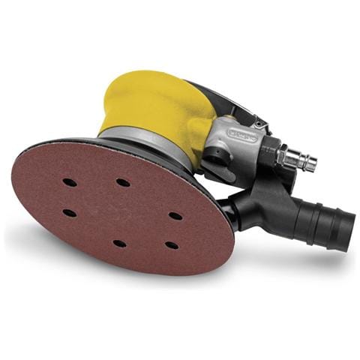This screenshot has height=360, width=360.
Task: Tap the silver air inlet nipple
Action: pos(299,160)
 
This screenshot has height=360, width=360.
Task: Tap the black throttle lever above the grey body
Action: pos(225,101)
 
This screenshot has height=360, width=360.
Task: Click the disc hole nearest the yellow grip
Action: pos(122,182)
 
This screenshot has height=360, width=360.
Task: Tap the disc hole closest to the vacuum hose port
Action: pos(175,216)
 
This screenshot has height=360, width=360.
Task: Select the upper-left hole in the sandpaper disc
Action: pos(69,182)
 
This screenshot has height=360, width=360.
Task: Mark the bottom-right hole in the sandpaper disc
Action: pos(172,245)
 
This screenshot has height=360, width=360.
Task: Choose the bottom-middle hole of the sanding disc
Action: pos(119,244)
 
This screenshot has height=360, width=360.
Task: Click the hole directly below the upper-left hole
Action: pos(69,213)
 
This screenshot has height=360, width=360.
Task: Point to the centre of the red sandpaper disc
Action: pos(120,213)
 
